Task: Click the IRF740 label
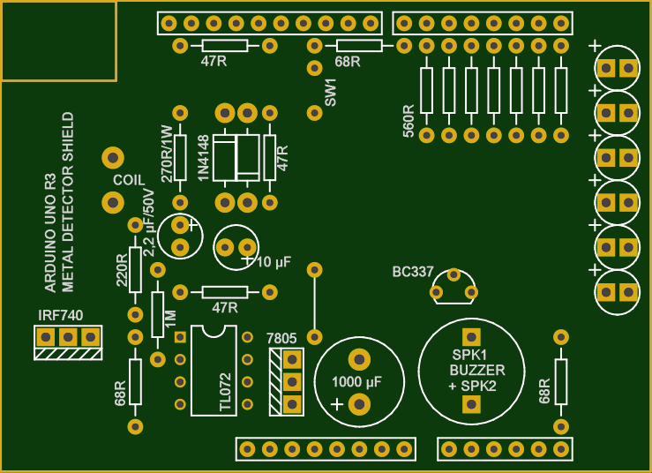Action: pyautogui.click(x=60, y=315)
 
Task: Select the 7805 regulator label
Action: pyautogui.click(x=281, y=338)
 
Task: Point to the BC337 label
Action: pyautogui.click(x=413, y=272)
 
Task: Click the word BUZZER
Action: pyautogui.click(x=477, y=370)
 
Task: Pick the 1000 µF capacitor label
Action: pyautogui.click(x=356, y=382)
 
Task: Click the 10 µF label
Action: pyautogui.click(x=274, y=262)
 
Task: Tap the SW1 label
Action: pyautogui.click(x=330, y=93)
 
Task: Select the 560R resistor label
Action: pyautogui.click(x=408, y=121)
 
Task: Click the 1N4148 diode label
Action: pyautogui.click(x=203, y=158)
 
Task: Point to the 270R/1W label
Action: pyautogui.click(x=167, y=154)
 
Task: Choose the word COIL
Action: pyautogui.click(x=129, y=180)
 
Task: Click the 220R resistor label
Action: pyautogui.click(x=122, y=270)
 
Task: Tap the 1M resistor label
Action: pyautogui.click(x=170, y=319)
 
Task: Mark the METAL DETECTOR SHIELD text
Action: pyautogui.click(x=67, y=202)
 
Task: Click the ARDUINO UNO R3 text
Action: pyautogui.click(x=50, y=233)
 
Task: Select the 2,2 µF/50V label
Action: pyautogui.click(x=149, y=223)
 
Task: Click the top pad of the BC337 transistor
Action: pyautogui.click(x=453, y=274)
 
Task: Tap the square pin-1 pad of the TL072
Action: pyautogui.click(x=180, y=337)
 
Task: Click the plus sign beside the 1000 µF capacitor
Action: pyautogui.click(x=337, y=404)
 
